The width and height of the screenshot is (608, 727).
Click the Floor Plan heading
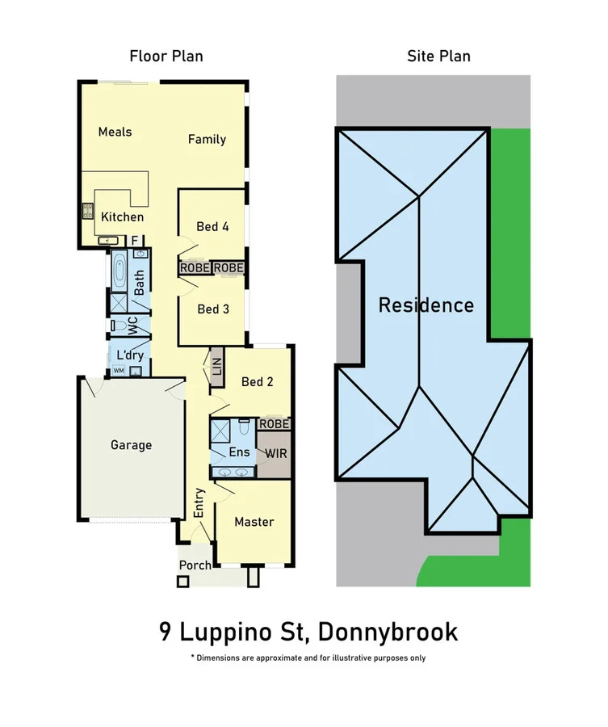tap(166, 56)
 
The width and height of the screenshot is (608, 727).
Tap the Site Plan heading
tap(438, 56)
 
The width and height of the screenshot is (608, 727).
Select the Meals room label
tap(115, 132)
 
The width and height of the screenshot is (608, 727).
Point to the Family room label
tap(207, 139)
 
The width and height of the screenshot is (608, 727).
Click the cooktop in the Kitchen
tap(87, 212)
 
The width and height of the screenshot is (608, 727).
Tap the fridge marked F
tap(135, 240)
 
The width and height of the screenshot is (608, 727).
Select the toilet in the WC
tap(118, 326)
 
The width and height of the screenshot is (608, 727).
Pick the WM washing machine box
tap(118, 371)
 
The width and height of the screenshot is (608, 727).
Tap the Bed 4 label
tap(212, 226)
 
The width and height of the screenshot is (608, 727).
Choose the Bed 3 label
tap(213, 309)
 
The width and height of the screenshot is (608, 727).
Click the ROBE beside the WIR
tap(273, 423)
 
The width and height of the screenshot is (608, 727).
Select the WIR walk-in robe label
tap(276, 453)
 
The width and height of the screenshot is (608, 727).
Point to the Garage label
tap(131, 444)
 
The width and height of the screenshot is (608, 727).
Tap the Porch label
tap(195, 565)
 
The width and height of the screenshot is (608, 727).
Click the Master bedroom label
tap(254, 522)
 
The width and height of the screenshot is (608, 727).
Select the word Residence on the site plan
tap(426, 305)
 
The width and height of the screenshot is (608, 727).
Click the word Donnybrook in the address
tap(392, 631)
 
